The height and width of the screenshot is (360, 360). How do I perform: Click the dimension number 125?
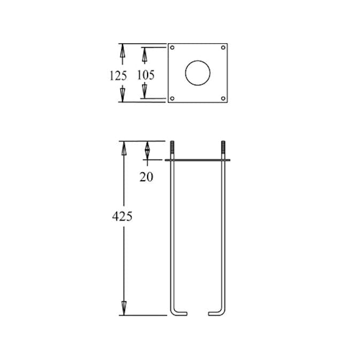click(x=118, y=75)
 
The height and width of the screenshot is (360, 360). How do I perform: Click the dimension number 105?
click(x=146, y=75)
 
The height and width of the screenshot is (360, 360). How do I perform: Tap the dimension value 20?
click(x=146, y=177)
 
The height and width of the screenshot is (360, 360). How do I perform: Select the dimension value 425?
click(x=122, y=216)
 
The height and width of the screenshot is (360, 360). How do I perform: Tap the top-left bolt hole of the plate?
click(x=172, y=48)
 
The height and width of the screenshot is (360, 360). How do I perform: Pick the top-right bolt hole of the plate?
click(x=223, y=48)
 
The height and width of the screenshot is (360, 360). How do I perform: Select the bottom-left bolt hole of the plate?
click(x=172, y=98)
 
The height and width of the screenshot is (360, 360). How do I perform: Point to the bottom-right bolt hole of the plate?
click(x=223, y=98)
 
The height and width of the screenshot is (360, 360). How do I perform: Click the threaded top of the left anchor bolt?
click(x=172, y=147)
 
